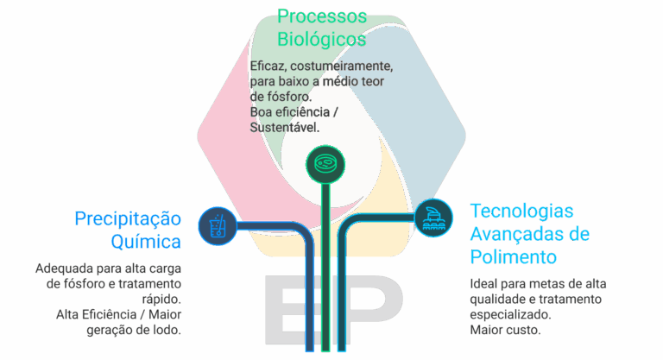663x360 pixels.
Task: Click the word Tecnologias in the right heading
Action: [x=521, y=212]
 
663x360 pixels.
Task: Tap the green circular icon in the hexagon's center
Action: [x=325, y=162]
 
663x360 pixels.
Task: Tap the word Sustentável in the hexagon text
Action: [x=284, y=127]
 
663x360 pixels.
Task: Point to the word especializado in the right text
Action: [x=509, y=314]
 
